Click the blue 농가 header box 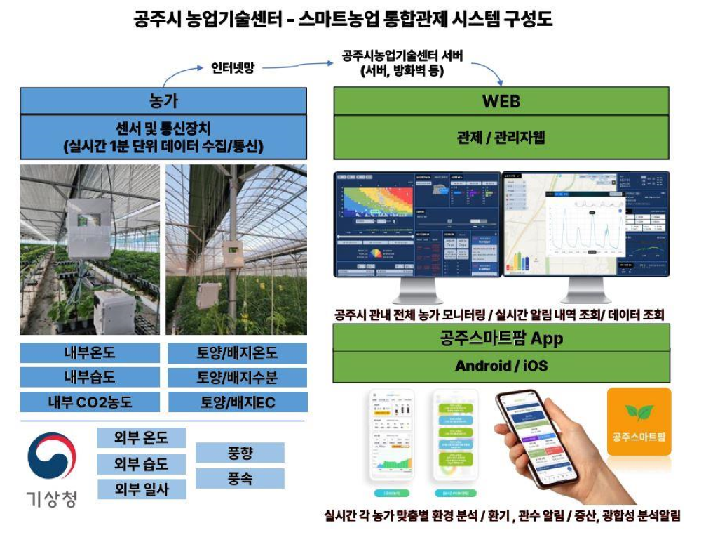163,100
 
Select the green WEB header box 501,100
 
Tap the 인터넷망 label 233,67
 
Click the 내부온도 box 90,353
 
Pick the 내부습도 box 90,378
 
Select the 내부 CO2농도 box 90,402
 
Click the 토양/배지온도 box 237,353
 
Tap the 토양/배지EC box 237,402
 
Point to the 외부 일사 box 141,489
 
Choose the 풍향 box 240,453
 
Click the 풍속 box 240,479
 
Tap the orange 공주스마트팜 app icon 639,421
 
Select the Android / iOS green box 501,366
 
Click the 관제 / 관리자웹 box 501,137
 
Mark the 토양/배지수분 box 237,378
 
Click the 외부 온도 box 141,437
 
